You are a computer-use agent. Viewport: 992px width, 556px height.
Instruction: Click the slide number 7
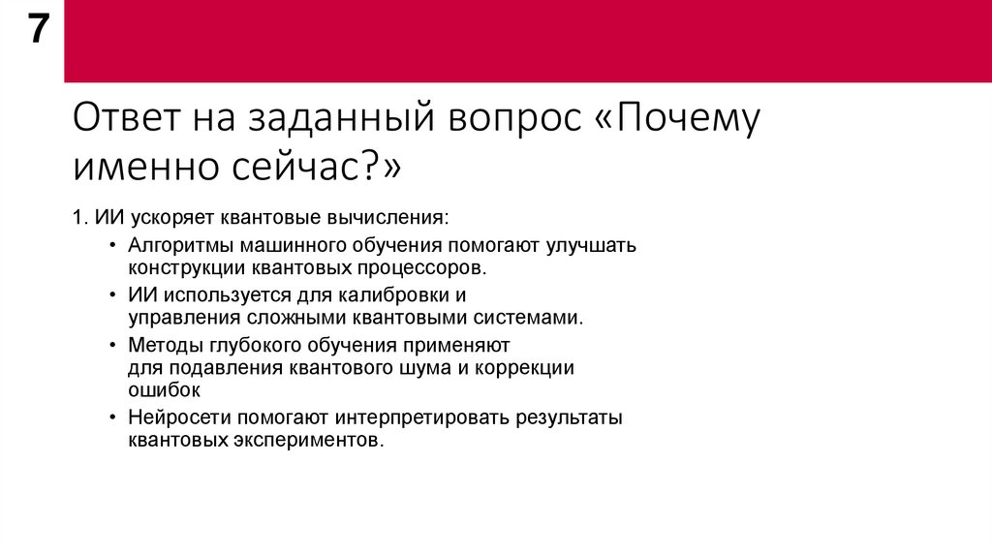[x=36, y=32]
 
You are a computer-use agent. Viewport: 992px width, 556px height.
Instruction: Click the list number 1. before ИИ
[x=79, y=218]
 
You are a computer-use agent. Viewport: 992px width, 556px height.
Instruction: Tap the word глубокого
[x=261, y=346]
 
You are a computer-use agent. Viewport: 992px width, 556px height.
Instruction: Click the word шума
[x=419, y=368]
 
